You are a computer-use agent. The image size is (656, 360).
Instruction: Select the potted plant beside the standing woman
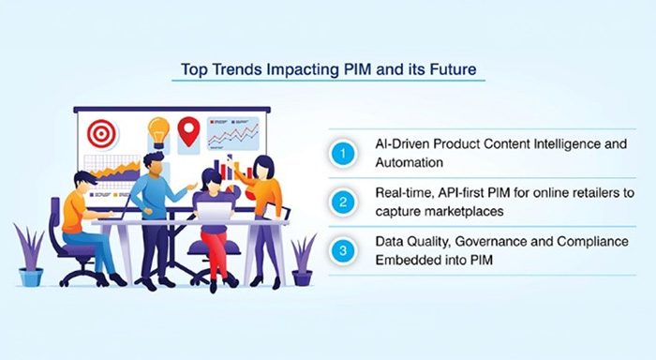[303, 257]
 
